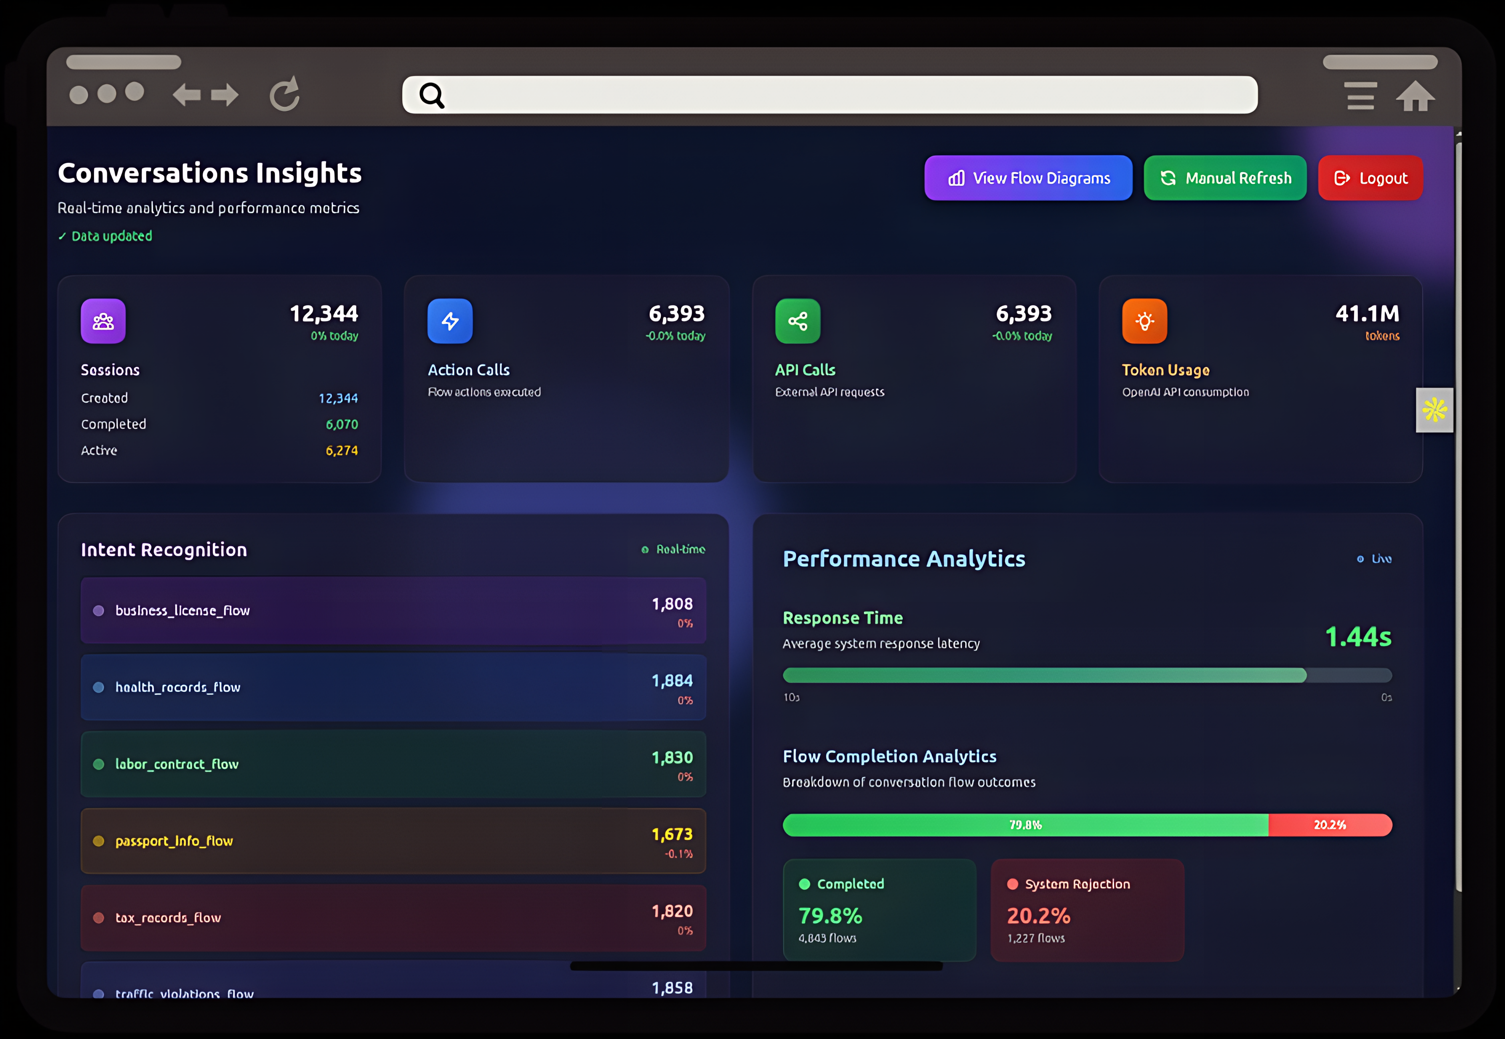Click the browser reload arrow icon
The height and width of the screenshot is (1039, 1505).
point(285,94)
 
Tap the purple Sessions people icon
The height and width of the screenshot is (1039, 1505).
point(103,321)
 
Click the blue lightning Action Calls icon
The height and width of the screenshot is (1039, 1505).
point(450,321)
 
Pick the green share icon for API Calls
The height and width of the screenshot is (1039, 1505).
point(797,321)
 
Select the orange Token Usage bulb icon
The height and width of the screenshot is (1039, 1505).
point(1144,321)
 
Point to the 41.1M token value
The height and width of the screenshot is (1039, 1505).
point(1367,314)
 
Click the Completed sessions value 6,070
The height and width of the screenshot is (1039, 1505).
point(342,425)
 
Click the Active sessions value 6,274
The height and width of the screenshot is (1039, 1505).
point(342,451)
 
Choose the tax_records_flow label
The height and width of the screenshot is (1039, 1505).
point(168,918)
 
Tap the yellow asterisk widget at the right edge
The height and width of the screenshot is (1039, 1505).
point(1434,410)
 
